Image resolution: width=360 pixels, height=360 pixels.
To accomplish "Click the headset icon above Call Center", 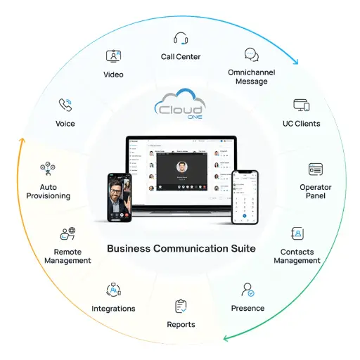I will pyautogui.click(x=180, y=38).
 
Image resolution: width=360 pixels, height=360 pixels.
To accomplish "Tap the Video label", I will pyautogui.click(x=113, y=75).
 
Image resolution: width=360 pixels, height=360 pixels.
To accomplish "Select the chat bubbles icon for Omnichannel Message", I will pyautogui.click(x=251, y=56).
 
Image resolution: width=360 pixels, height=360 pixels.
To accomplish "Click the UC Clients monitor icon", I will pyautogui.click(x=302, y=105).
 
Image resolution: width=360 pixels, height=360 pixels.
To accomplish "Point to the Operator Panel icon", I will pyautogui.click(x=316, y=169).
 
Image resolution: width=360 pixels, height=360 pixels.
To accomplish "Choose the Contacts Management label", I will pyautogui.click(x=297, y=256).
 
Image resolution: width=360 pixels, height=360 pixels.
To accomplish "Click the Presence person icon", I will pyautogui.click(x=247, y=290).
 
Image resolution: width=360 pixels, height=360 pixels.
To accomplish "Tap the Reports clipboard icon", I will pyautogui.click(x=181, y=307).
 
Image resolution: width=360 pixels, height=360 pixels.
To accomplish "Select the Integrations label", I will pyautogui.click(x=113, y=309).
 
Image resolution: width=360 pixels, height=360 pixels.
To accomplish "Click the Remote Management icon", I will pyautogui.click(x=68, y=233).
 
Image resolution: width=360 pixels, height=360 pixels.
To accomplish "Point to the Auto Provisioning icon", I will pyautogui.click(x=48, y=169).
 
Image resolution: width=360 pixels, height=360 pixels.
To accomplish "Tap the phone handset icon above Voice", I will pyautogui.click(x=65, y=105).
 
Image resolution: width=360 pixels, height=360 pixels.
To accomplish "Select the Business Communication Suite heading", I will pyautogui.click(x=180, y=248).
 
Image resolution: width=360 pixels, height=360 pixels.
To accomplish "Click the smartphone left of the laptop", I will pyautogui.click(x=120, y=198).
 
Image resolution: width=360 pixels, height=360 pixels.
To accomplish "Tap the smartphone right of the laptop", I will pyautogui.click(x=245, y=196).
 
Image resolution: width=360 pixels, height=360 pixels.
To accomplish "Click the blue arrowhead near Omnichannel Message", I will pyautogui.click(x=294, y=60).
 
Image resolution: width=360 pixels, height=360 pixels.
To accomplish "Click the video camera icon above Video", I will pyautogui.click(x=113, y=56).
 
